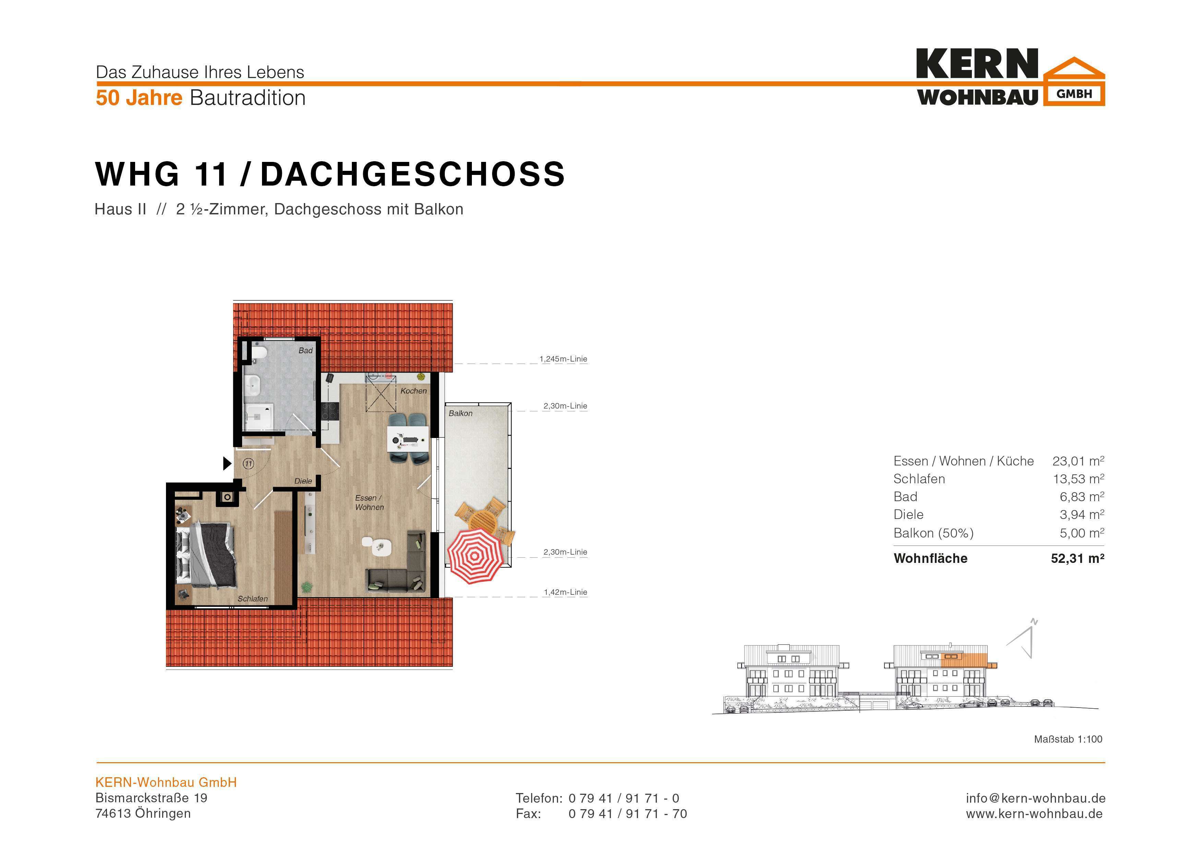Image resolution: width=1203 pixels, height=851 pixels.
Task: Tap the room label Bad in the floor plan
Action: pyautogui.click(x=306, y=351)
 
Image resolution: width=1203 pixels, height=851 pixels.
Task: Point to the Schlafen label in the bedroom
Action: pyautogui.click(x=252, y=599)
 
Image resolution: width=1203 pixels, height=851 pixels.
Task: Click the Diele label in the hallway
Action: pyautogui.click(x=303, y=481)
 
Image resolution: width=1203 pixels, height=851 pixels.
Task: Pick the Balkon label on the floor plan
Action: pyautogui.click(x=461, y=413)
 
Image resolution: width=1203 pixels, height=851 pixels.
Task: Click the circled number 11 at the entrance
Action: pyautogui.click(x=248, y=464)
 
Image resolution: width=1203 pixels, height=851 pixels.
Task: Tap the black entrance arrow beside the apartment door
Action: pyautogui.click(x=227, y=463)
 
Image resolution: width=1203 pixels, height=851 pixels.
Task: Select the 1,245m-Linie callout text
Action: pyautogui.click(x=563, y=359)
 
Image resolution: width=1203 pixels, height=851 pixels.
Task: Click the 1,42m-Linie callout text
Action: pyautogui.click(x=565, y=592)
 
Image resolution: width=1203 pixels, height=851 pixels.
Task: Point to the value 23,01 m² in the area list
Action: pyautogui.click(x=1078, y=461)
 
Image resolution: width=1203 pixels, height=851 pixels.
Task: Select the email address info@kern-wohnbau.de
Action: pyautogui.click(x=1035, y=798)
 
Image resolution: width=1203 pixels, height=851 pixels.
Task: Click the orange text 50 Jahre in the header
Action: pyautogui.click(x=139, y=98)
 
